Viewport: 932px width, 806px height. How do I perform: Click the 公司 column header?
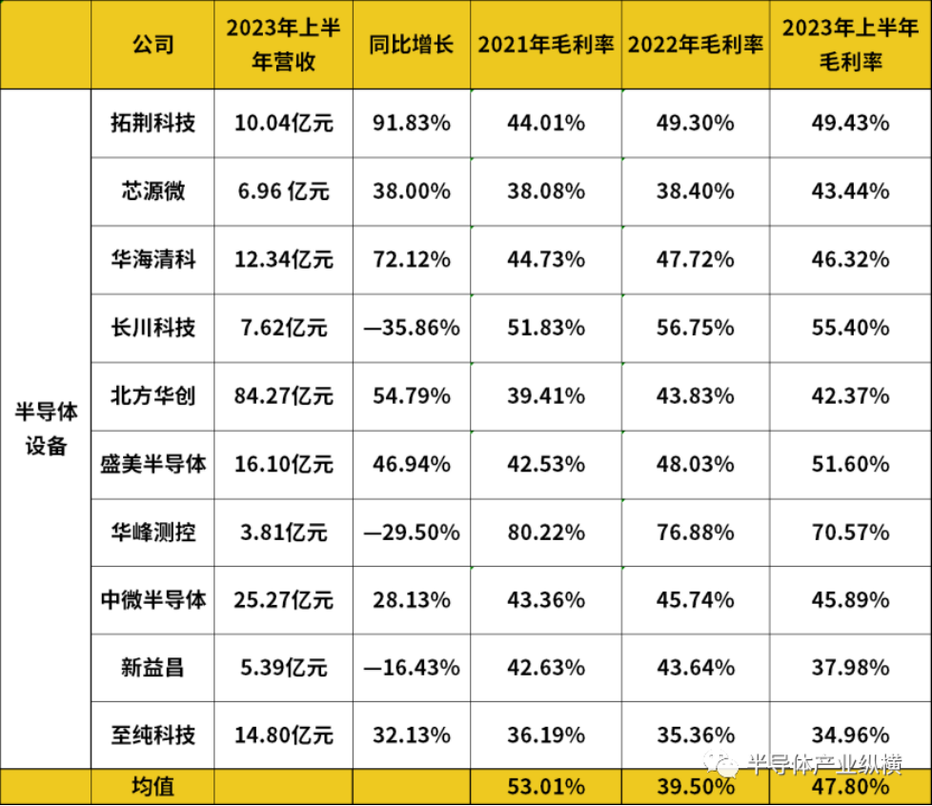point(152,45)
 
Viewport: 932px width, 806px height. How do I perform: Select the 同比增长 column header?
point(412,45)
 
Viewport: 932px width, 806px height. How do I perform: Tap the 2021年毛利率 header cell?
point(545,45)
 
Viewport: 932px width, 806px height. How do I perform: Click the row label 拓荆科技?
point(152,123)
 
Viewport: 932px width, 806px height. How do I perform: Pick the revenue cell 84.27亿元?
point(283,395)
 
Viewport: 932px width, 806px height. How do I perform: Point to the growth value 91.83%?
point(412,123)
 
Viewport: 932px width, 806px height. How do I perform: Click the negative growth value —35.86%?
point(412,328)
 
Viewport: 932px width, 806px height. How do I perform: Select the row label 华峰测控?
point(152,532)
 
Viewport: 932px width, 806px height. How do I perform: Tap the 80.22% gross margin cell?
point(545,532)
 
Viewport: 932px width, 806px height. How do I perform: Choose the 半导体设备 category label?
point(46,429)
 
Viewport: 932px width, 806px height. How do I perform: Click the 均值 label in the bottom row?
point(152,788)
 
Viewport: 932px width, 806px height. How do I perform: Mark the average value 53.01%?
point(545,788)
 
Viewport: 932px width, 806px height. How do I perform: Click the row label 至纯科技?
point(152,735)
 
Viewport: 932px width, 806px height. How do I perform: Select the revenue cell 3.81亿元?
point(283,532)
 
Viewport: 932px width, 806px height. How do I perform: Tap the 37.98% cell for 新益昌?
point(850,667)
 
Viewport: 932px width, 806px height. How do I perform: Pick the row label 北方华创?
point(152,395)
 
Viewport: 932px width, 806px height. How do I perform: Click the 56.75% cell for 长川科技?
point(695,328)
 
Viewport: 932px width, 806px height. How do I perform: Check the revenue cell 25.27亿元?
point(283,600)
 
